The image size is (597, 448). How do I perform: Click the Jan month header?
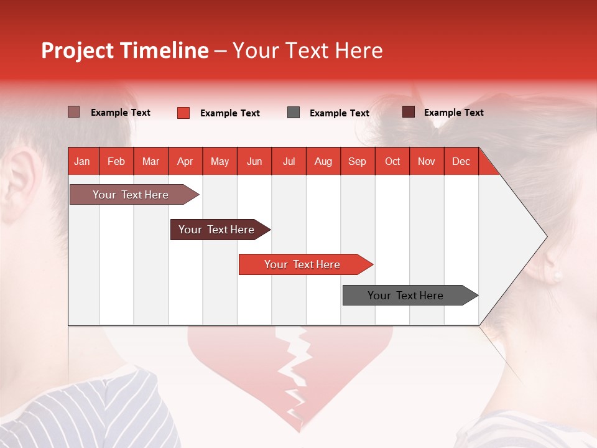pyautogui.click(x=82, y=161)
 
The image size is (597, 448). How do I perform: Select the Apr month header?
pyautogui.click(x=185, y=161)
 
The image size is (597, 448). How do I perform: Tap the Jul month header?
pyautogui.click(x=289, y=161)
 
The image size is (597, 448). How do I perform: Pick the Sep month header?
pyautogui.click(x=357, y=161)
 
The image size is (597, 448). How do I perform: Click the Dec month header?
pyautogui.click(x=461, y=161)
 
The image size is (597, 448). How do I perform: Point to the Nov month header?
pyautogui.click(x=426, y=161)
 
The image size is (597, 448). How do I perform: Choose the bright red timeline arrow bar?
pyautogui.click(x=303, y=264)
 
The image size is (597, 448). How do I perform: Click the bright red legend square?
pyautogui.click(x=183, y=113)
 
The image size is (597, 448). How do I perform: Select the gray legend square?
pyautogui.click(x=294, y=113)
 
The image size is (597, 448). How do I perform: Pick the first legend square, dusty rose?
pyautogui.click(x=73, y=112)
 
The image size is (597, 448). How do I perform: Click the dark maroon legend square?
pyautogui.click(x=408, y=112)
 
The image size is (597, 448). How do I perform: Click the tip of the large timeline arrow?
pyautogui.click(x=545, y=236)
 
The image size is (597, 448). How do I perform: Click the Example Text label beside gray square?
pyautogui.click(x=339, y=113)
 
